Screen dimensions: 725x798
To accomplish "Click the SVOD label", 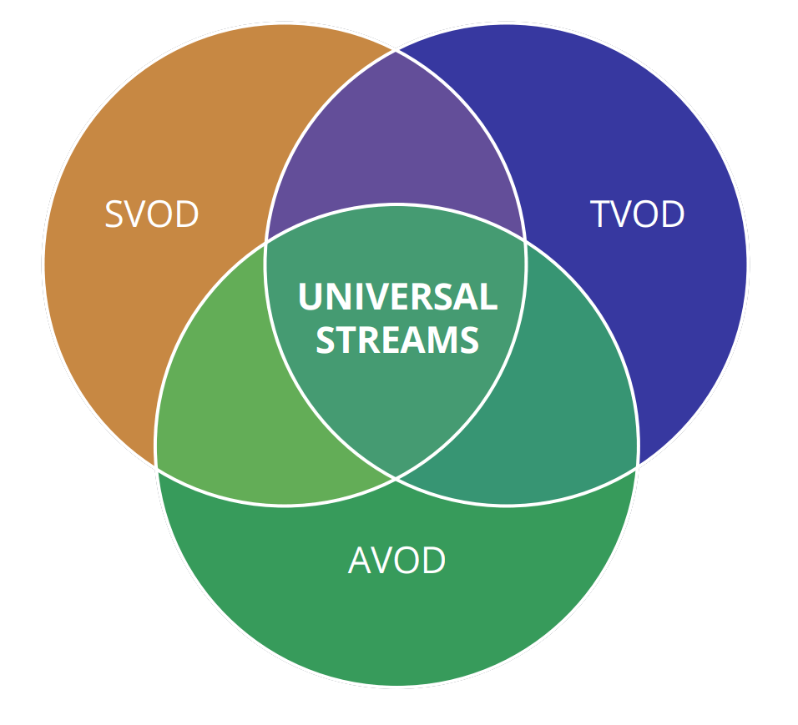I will [x=152, y=214].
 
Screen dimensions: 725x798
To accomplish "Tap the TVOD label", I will [x=638, y=214].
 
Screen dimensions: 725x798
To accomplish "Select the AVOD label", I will [x=396, y=561].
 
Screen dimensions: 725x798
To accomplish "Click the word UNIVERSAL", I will [x=397, y=298].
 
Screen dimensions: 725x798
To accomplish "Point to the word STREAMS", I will [x=397, y=340].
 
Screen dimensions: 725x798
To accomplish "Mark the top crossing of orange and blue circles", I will [x=396, y=50].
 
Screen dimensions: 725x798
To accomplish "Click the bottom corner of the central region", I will [x=396, y=478].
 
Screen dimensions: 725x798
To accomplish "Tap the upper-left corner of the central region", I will [x=265, y=242].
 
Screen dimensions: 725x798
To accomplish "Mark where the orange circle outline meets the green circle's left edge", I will [x=156, y=467].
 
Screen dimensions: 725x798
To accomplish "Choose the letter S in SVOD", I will [x=114, y=214].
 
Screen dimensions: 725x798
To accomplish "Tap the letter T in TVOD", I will [x=600, y=214].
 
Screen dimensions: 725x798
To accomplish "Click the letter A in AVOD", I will [x=360, y=561].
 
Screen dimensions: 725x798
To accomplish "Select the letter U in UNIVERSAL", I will [x=310, y=298].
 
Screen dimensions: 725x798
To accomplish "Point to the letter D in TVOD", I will [x=673, y=214].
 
